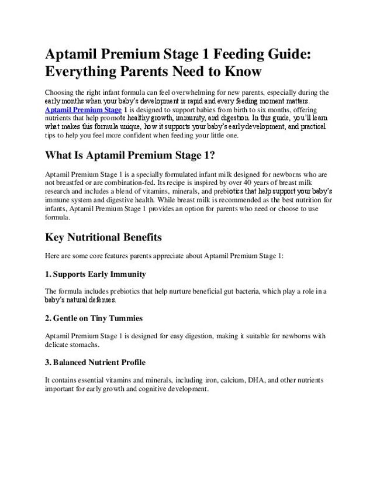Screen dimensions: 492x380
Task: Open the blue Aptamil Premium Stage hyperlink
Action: pos(83,109)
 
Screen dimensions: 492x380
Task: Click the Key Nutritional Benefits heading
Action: pos(103,238)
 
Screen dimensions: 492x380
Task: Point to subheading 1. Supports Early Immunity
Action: pos(95,274)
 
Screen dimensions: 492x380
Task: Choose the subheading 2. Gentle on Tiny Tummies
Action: pos(94,318)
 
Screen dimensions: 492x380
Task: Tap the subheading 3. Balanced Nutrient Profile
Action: pos(95,362)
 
